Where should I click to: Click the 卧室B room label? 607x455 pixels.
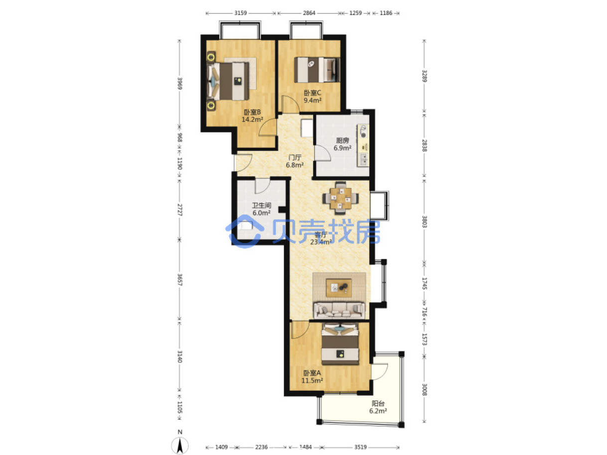pyautogui.click(x=252, y=112)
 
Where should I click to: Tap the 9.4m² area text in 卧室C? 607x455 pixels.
pyautogui.click(x=312, y=100)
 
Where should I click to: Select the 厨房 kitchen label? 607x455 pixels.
pyautogui.click(x=342, y=140)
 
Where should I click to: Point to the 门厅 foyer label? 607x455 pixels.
pyautogui.click(x=295, y=158)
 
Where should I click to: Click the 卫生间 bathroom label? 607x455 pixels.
pyautogui.click(x=261, y=206)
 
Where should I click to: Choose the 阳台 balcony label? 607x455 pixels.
pyautogui.click(x=378, y=403)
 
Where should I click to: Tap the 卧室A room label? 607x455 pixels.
pyautogui.click(x=312, y=373)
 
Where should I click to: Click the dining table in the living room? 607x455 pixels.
pyautogui.click(x=340, y=198)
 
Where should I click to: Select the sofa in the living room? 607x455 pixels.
pyautogui.click(x=339, y=310)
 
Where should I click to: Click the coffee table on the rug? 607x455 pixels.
pyautogui.click(x=339, y=288)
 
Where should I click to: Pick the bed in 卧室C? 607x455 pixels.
pyautogui.click(x=317, y=70)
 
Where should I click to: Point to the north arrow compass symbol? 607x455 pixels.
pyautogui.click(x=180, y=446)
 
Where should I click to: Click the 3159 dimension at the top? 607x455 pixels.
pyautogui.click(x=240, y=13)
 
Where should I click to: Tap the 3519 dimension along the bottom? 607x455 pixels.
pyautogui.click(x=360, y=447)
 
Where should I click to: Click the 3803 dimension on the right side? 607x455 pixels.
pyautogui.click(x=425, y=222)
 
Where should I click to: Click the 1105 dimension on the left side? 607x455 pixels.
pyautogui.click(x=180, y=407)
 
